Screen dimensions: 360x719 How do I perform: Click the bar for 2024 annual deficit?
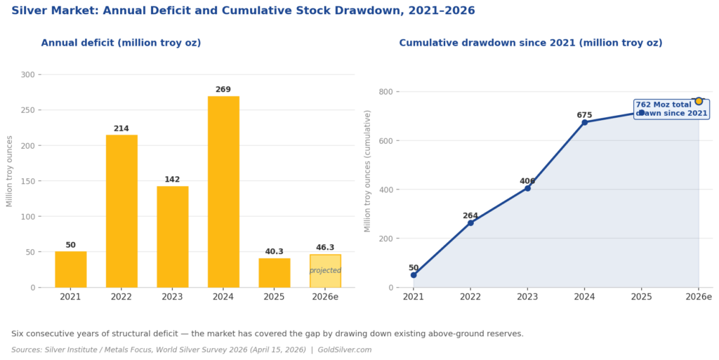[x=223, y=192]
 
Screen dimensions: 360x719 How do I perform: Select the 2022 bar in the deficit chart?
[x=121, y=211]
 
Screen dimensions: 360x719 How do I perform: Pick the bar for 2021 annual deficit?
[x=71, y=269]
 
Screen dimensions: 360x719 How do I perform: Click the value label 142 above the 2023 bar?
[x=172, y=180]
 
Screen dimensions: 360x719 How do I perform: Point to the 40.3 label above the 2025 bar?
[x=274, y=251]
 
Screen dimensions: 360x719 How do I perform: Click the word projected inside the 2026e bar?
[x=325, y=271]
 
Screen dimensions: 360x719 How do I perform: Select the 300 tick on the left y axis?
[x=28, y=74]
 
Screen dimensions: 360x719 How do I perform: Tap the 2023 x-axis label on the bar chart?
[x=172, y=298]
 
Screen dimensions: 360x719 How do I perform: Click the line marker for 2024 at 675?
[x=584, y=122]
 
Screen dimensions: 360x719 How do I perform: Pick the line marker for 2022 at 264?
[x=470, y=223]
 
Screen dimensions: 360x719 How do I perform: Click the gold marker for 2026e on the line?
[x=699, y=101]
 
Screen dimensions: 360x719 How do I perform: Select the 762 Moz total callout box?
[x=671, y=109]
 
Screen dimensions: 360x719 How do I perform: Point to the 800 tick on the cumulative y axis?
[x=385, y=92]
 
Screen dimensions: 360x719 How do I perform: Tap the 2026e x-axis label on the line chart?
[x=699, y=298]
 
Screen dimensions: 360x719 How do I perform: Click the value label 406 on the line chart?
[x=527, y=181]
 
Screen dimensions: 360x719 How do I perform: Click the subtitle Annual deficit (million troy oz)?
[x=121, y=43]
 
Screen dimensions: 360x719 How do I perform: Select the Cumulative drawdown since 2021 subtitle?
[x=530, y=43]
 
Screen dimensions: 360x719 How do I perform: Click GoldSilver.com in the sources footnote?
[x=345, y=349]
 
